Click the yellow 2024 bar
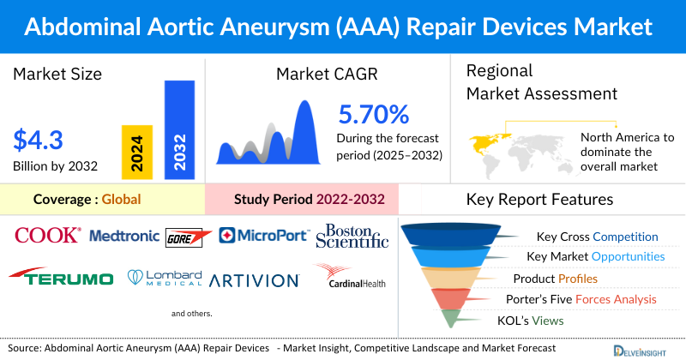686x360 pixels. coord(135,150)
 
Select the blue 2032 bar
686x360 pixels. coord(179,130)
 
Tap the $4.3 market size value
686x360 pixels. coord(39,139)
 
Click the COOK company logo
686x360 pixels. coord(48,235)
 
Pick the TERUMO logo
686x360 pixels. coord(61,279)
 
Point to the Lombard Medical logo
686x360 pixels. coord(165,277)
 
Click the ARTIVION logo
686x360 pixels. coord(254,279)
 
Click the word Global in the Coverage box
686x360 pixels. coord(121,200)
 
